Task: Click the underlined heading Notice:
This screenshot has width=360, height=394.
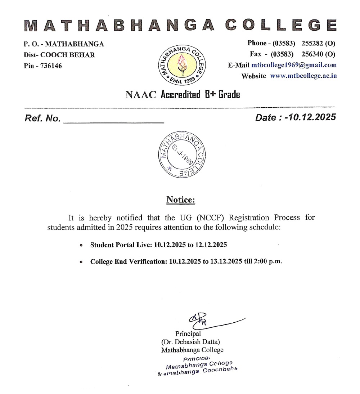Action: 181,200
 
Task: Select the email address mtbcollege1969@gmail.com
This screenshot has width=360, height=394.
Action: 294,65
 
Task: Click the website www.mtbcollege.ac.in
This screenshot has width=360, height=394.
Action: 303,76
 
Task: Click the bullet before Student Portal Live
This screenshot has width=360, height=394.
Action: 81,245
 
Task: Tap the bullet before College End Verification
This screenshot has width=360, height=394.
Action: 81,262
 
